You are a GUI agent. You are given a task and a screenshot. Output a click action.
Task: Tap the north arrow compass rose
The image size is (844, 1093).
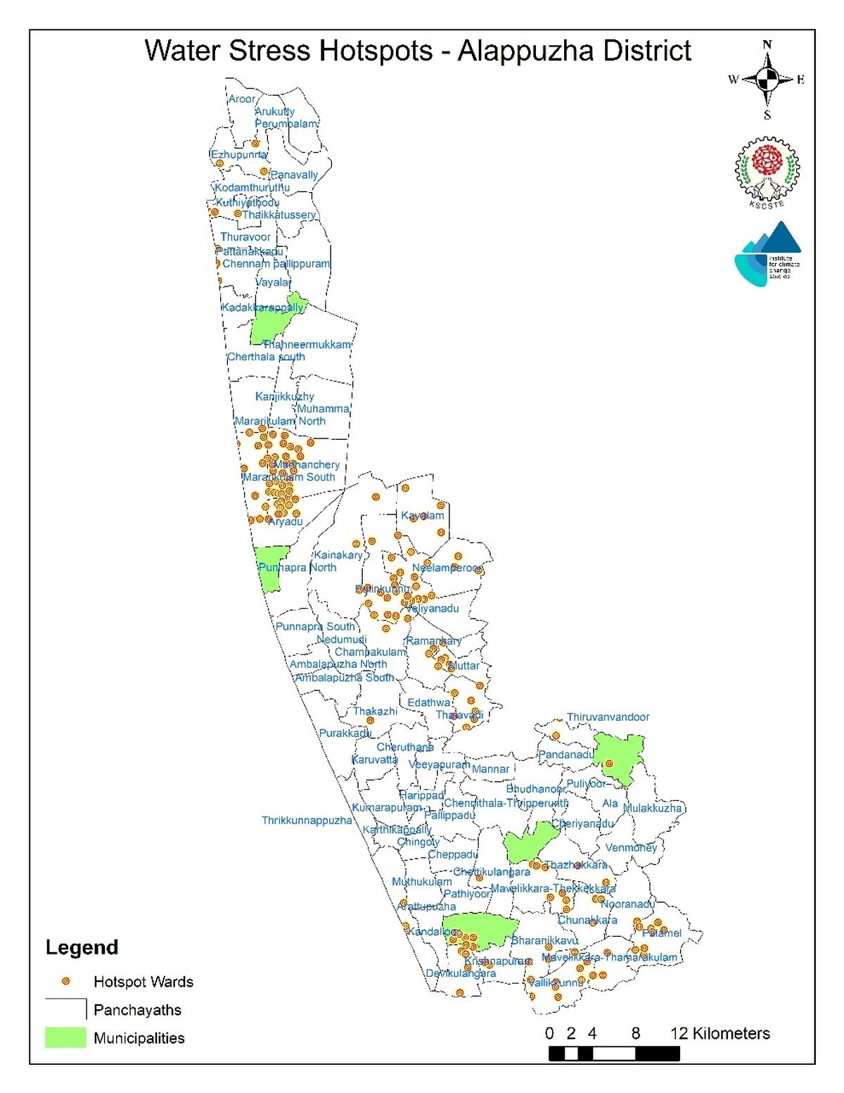[767, 80]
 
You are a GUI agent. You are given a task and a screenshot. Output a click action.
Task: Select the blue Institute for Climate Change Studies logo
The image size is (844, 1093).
[767, 255]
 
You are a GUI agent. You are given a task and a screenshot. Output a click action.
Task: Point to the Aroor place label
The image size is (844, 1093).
[241, 99]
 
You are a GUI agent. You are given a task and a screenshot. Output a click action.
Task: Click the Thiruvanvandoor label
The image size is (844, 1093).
[608, 717]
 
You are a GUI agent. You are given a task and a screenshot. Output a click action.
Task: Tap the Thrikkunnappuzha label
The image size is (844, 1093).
[307, 821]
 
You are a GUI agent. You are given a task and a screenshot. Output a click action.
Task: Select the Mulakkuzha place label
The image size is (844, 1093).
[653, 808]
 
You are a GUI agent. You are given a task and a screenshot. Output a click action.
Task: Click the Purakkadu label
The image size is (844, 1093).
[345, 733]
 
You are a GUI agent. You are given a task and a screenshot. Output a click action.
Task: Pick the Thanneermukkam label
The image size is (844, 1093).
[307, 345]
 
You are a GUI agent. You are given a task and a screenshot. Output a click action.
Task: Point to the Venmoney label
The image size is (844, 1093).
[631, 848]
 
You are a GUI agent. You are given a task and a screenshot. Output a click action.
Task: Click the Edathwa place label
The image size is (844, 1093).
[429, 702]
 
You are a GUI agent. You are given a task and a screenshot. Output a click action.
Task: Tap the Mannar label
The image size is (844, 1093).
[490, 769]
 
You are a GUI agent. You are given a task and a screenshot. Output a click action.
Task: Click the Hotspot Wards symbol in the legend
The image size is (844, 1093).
[66, 981]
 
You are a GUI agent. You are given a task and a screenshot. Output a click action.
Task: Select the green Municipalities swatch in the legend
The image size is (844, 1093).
[65, 1037]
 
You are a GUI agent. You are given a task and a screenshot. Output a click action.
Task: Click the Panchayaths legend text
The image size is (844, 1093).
[137, 1010]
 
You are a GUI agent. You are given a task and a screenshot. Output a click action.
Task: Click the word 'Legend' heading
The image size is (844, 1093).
[82, 947]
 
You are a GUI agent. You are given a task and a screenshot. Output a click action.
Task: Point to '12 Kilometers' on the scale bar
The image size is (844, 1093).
[720, 1033]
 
